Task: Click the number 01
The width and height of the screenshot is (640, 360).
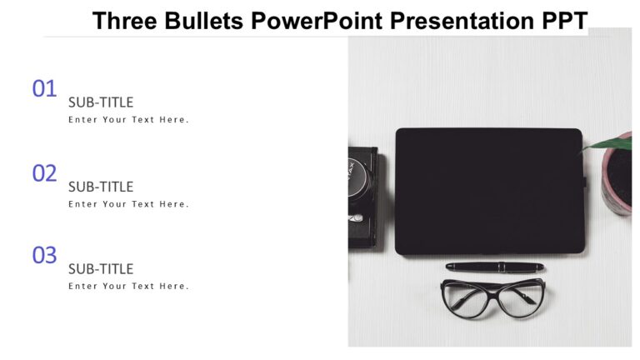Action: point(44,88)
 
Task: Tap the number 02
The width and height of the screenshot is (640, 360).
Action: point(44,173)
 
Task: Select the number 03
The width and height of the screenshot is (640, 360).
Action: point(44,256)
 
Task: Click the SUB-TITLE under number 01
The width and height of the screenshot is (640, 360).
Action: point(101,102)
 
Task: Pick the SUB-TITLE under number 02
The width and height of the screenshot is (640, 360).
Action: point(101,187)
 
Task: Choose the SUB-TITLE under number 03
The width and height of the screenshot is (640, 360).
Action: point(101,269)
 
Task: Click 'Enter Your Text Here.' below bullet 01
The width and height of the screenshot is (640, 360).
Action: point(128,120)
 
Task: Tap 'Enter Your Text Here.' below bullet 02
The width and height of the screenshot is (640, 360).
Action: point(128,204)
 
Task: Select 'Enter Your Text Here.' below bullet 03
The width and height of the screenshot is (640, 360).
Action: point(128,287)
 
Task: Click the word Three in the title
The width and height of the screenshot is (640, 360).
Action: point(124,21)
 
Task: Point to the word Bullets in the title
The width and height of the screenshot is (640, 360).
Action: point(202,21)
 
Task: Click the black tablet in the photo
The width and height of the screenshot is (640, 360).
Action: point(488,191)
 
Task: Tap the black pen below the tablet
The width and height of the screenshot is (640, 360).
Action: point(494,267)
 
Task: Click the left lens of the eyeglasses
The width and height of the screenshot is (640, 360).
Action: point(462,301)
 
